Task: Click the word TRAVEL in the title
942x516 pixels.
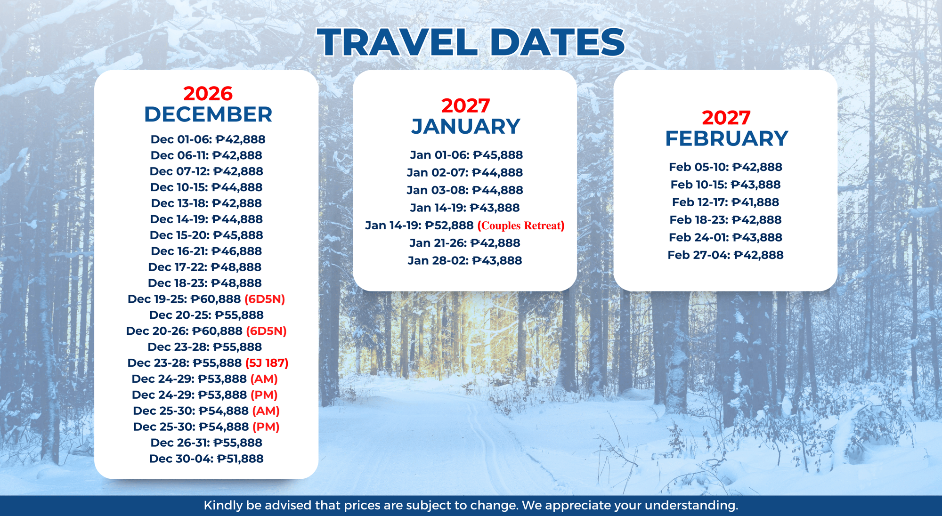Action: pyautogui.click(x=397, y=42)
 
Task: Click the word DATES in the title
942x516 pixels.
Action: pyautogui.click(x=557, y=42)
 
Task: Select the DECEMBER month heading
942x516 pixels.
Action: pyautogui.click(x=208, y=114)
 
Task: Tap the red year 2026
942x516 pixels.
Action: pyautogui.click(x=208, y=93)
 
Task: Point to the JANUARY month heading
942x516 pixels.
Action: pyautogui.click(x=465, y=126)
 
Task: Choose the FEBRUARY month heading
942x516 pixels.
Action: pyautogui.click(x=726, y=138)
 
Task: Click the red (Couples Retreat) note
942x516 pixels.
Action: pyautogui.click(x=520, y=226)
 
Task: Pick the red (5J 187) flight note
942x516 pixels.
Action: pyautogui.click(x=267, y=363)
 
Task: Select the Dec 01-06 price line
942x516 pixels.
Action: pyautogui.click(x=208, y=139)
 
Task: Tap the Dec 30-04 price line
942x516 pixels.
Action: pyautogui.click(x=206, y=459)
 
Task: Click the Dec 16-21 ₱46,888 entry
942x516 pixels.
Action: pyautogui.click(x=206, y=251)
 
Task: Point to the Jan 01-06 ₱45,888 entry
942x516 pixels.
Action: pyautogui.click(x=466, y=155)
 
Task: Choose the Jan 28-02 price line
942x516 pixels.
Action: pyautogui.click(x=465, y=260)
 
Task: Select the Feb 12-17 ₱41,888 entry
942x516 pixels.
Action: pyautogui.click(x=725, y=202)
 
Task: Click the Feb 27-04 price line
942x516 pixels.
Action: pyautogui.click(x=725, y=255)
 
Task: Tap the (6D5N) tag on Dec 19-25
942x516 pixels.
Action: pyautogui.click(x=265, y=299)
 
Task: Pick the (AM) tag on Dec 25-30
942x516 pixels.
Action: pyautogui.click(x=266, y=411)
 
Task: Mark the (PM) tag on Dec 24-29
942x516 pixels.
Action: pyautogui.click(x=264, y=395)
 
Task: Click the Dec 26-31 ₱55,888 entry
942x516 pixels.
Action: pyautogui.click(x=206, y=443)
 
